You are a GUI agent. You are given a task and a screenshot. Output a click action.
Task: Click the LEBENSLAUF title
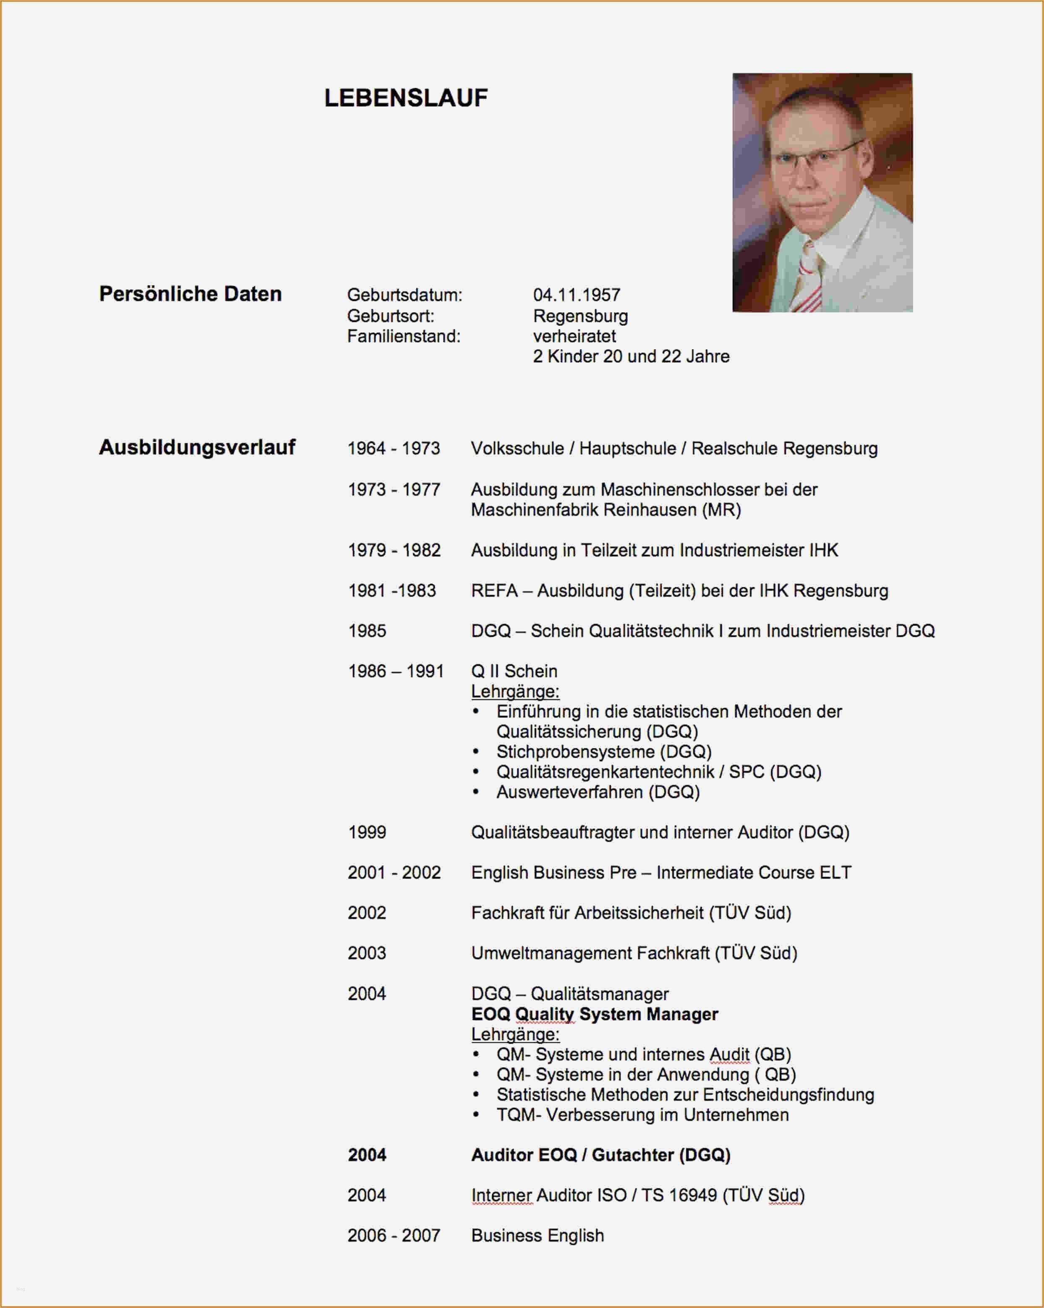[406, 98]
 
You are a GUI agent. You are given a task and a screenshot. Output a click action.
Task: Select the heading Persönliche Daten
[191, 294]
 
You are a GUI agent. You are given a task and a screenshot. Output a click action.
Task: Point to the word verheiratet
[574, 336]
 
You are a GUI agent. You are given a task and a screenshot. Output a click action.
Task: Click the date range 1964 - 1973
[394, 449]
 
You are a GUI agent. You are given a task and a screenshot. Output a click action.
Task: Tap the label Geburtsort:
[391, 316]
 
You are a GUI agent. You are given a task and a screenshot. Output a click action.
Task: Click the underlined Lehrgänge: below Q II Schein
[515, 691]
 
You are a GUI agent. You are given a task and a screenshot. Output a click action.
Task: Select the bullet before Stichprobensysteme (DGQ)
[476, 752]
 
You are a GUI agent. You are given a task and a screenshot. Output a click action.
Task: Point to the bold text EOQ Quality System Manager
[595, 1014]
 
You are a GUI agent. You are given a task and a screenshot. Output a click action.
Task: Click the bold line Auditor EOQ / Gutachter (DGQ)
[600, 1155]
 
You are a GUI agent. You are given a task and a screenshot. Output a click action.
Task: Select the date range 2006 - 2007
[394, 1236]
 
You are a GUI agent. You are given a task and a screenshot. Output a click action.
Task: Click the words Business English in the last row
[538, 1236]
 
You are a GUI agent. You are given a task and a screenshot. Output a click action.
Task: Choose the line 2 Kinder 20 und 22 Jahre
[631, 357]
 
